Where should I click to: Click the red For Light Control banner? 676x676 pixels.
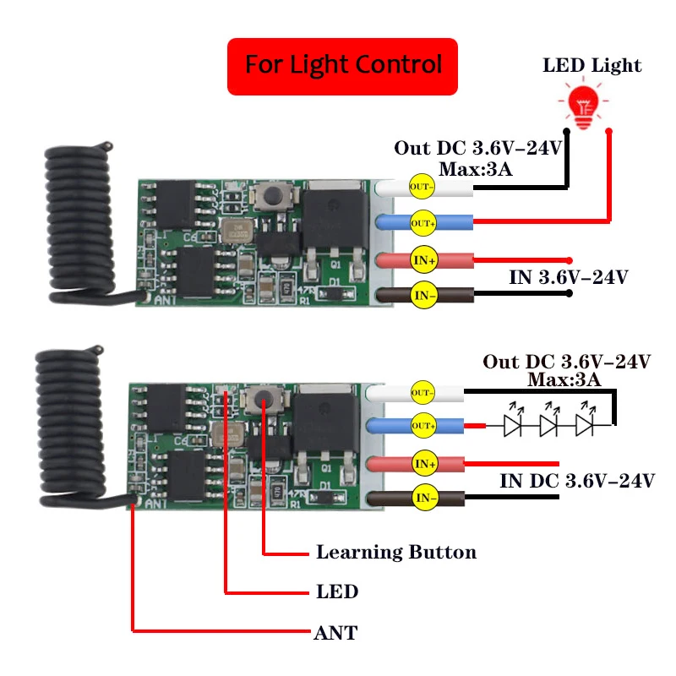[342, 65]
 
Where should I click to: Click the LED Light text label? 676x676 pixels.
[591, 66]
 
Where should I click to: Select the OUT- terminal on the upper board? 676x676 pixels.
[421, 186]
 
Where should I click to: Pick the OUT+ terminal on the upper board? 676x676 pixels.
[421, 222]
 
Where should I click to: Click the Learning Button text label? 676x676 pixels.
[395, 553]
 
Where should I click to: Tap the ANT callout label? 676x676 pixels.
[335, 632]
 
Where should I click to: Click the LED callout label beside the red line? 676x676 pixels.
[336, 591]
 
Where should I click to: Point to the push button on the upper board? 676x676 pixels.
[273, 197]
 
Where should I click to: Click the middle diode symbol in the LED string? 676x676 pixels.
[549, 424]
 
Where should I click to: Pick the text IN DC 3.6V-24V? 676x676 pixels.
[577, 482]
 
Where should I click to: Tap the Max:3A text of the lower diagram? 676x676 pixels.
[564, 379]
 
